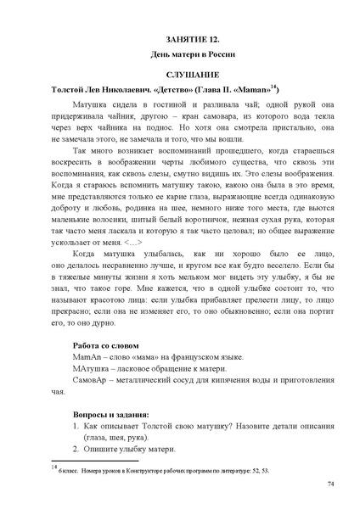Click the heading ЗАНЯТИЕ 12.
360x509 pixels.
pos(179,40)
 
